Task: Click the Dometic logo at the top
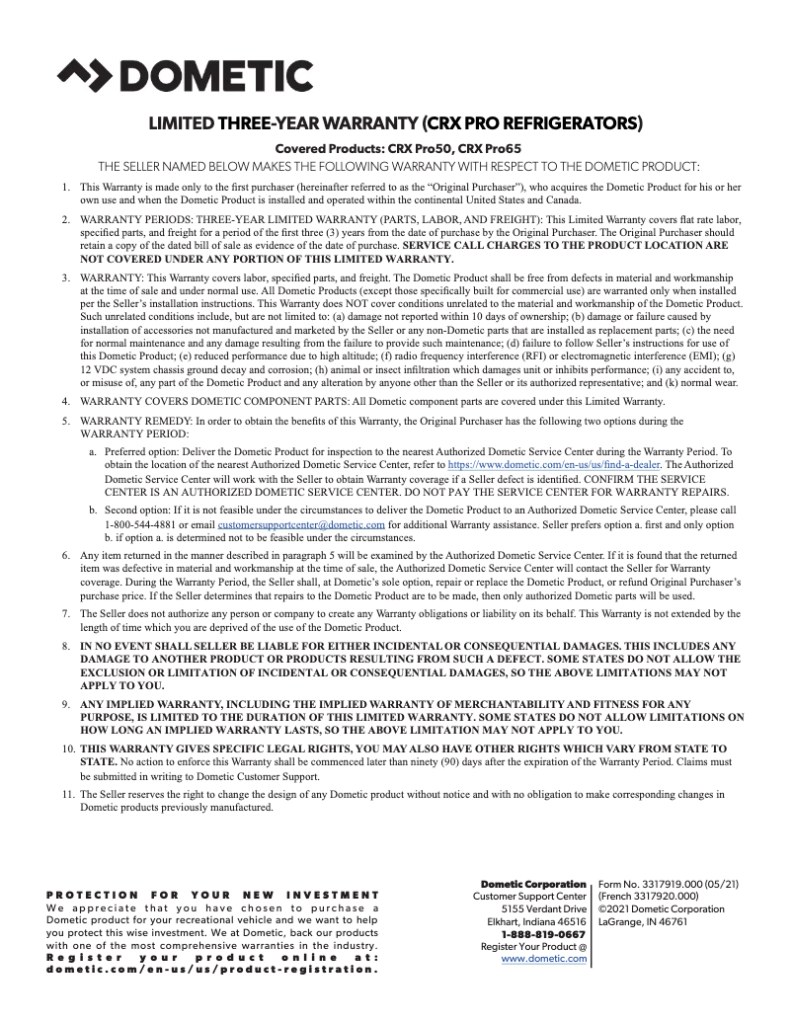pos(186,76)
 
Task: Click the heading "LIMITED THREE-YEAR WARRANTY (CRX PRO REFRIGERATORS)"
pos(395,124)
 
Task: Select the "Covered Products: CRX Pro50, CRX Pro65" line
pos(396,148)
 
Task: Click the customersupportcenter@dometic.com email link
pos(301,525)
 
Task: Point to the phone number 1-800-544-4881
pos(135,525)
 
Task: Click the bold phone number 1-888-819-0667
pos(543,934)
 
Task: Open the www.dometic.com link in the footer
pos(544,959)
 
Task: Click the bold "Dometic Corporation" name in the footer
pos(533,884)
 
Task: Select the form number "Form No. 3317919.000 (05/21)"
pos(669,884)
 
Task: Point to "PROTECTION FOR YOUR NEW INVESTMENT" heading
pos(213,895)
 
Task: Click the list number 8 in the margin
pos(65,645)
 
